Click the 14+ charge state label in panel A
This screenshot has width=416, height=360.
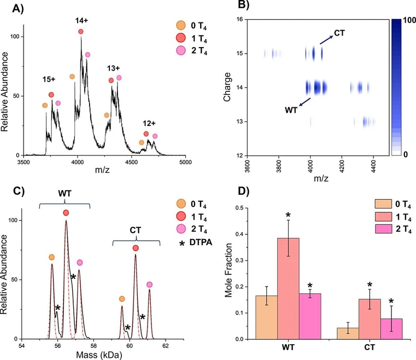80,20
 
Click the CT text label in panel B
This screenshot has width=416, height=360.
339,33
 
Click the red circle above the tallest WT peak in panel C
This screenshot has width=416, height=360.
66,212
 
